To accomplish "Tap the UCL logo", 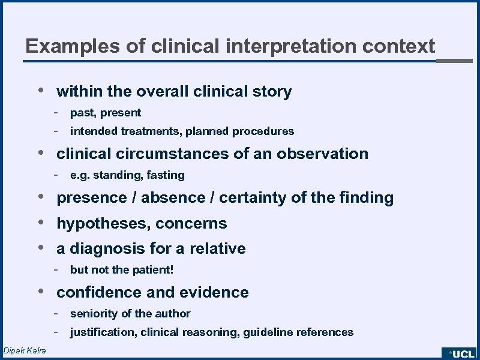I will [460, 354].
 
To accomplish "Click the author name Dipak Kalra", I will [25, 350].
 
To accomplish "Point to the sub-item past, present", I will [106, 113].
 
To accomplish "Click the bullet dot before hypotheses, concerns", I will [39, 223].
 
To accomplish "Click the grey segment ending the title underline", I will [454, 61].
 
